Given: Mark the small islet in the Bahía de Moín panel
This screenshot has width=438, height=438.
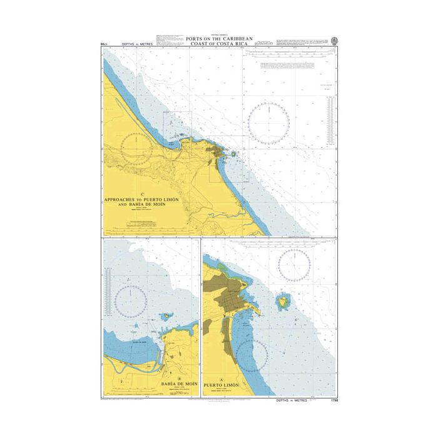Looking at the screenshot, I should [x=166, y=317].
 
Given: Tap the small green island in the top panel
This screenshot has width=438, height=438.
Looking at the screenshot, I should [x=233, y=153].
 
